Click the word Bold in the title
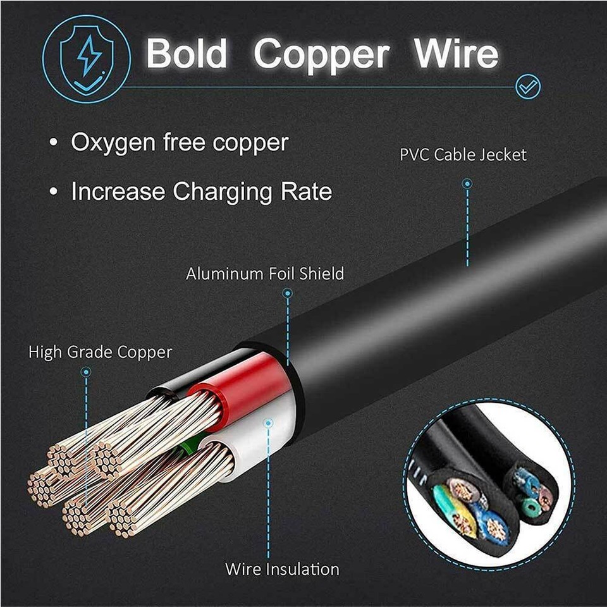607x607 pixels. (186, 53)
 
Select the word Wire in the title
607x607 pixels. (456, 53)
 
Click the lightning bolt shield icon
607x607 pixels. (87, 59)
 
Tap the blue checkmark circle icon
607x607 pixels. (528, 87)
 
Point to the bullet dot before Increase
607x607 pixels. (53, 191)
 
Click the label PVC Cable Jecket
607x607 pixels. (463, 155)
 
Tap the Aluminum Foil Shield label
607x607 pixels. (265, 274)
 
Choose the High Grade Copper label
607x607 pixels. (101, 353)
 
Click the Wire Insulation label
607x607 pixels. (282, 570)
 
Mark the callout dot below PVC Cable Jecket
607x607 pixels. (467, 183)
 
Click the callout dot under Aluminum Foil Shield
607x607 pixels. (287, 293)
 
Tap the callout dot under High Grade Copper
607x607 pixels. (86, 372)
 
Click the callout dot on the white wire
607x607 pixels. (268, 423)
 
